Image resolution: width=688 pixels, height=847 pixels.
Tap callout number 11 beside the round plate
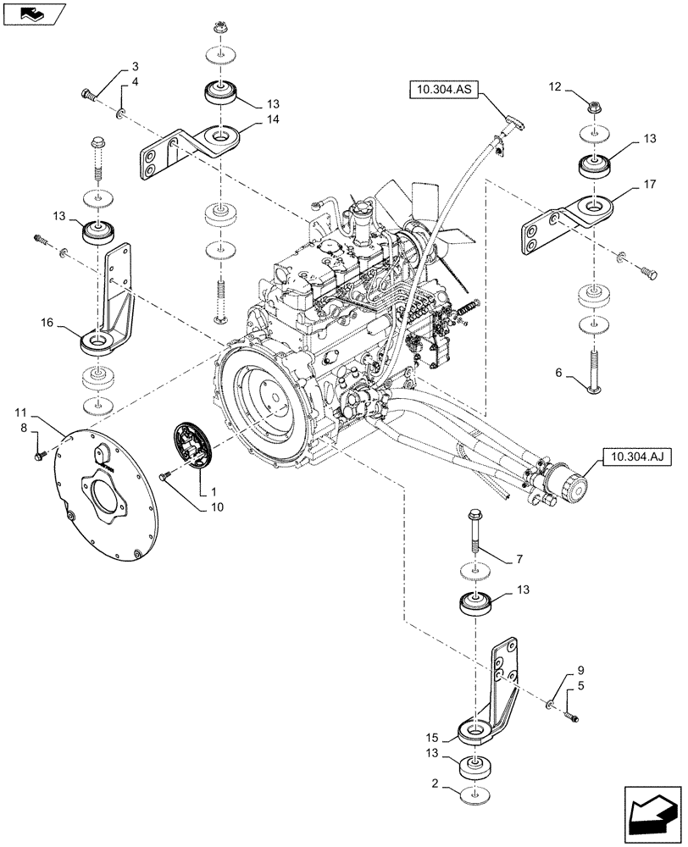19,412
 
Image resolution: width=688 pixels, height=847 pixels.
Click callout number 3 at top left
135,66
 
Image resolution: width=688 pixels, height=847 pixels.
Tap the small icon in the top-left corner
33,14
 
